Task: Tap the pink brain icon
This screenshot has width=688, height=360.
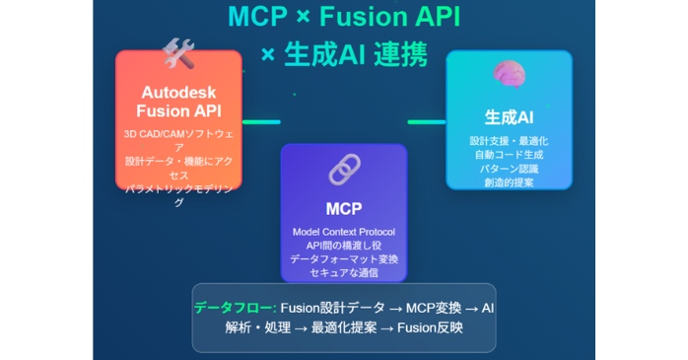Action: click(509, 74)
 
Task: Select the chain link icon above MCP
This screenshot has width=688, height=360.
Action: click(344, 170)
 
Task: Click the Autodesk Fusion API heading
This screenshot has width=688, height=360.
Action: click(177, 102)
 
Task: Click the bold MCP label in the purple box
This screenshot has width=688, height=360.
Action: click(344, 208)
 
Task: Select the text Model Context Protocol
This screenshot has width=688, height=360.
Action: click(344, 231)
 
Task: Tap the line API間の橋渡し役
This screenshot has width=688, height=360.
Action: click(344, 245)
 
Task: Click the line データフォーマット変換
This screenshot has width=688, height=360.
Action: click(344, 258)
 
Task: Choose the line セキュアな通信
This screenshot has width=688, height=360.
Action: click(344, 272)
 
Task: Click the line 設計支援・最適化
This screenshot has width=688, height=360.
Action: click(509, 140)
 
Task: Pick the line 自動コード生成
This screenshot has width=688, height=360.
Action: click(509, 154)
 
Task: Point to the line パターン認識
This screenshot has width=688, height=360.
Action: click(509, 168)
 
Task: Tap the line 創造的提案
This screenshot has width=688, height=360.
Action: click(509, 181)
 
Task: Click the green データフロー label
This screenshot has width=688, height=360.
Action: click(234, 308)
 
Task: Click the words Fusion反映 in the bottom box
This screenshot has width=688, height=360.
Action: click(430, 327)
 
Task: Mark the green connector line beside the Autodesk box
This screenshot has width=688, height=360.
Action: click(261, 122)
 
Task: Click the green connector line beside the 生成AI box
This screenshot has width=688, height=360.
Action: click(426, 122)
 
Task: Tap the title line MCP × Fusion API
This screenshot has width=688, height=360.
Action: click(344, 17)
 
